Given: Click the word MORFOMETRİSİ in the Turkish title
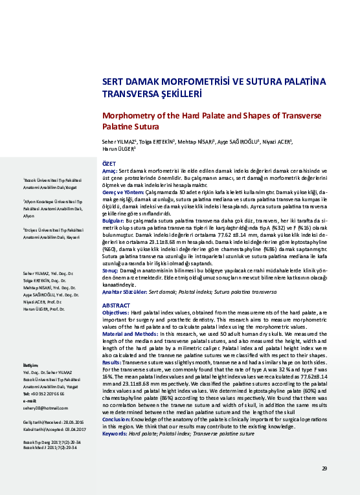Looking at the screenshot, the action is [195, 82].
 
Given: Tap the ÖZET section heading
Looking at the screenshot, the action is [109, 165].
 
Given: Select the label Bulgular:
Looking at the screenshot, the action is [113, 221].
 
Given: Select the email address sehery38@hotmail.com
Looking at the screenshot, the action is [45, 408].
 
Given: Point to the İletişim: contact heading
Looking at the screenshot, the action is [32, 366].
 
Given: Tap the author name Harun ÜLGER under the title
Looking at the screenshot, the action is [118, 148].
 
